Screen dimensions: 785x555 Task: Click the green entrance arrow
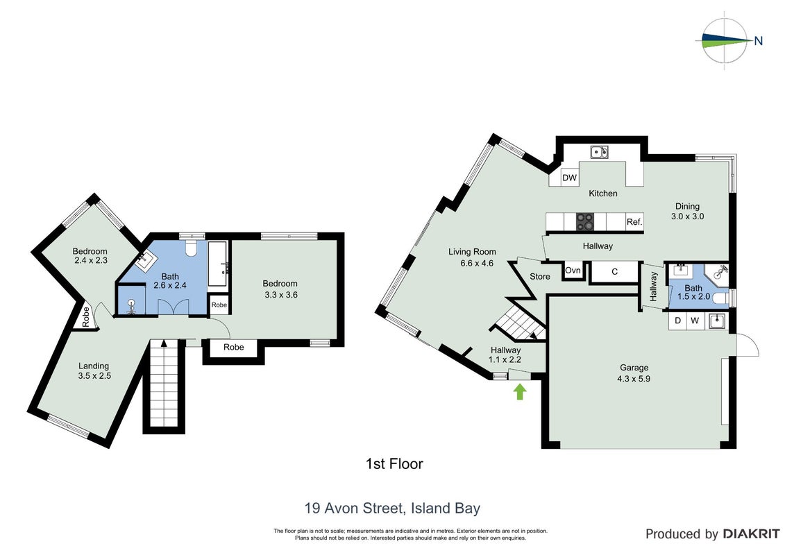(520, 391)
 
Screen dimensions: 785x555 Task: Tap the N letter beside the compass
(759, 41)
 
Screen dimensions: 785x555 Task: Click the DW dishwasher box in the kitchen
(569, 178)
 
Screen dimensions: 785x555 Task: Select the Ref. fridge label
(634, 222)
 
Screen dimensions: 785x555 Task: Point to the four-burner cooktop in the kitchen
(585, 222)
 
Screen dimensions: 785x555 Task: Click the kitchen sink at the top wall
(599, 152)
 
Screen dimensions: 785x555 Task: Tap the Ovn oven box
(573, 271)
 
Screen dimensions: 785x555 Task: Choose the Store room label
(540, 276)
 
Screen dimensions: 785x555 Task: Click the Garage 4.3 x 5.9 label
(634, 373)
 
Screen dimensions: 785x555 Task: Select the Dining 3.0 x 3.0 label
(687, 211)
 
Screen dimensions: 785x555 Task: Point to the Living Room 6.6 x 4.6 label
(472, 257)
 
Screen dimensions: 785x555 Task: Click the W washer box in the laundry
(695, 321)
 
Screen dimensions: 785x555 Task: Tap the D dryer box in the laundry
(678, 321)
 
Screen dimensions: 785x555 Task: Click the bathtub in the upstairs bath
(218, 264)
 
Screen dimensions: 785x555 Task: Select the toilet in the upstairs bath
(191, 247)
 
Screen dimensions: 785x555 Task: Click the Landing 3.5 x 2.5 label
(94, 371)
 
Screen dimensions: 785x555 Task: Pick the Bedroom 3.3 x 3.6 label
(280, 289)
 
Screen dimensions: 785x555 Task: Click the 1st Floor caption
(394, 464)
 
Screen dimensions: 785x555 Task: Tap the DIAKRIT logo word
(751, 534)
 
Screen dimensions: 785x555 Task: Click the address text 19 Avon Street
(355, 509)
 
